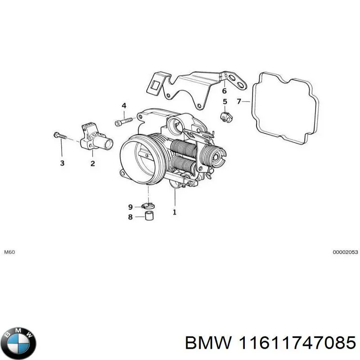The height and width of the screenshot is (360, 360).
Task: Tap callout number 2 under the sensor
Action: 93,163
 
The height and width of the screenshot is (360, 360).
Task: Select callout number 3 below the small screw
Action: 62,163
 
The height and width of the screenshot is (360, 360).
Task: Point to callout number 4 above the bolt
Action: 124,106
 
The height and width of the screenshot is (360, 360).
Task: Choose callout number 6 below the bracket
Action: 224,90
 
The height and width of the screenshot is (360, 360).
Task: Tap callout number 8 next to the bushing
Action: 131,217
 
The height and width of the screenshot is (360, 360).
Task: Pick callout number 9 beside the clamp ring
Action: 131,207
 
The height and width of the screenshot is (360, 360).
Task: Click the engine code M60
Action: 9,252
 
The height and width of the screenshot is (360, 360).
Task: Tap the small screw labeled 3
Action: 59,135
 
